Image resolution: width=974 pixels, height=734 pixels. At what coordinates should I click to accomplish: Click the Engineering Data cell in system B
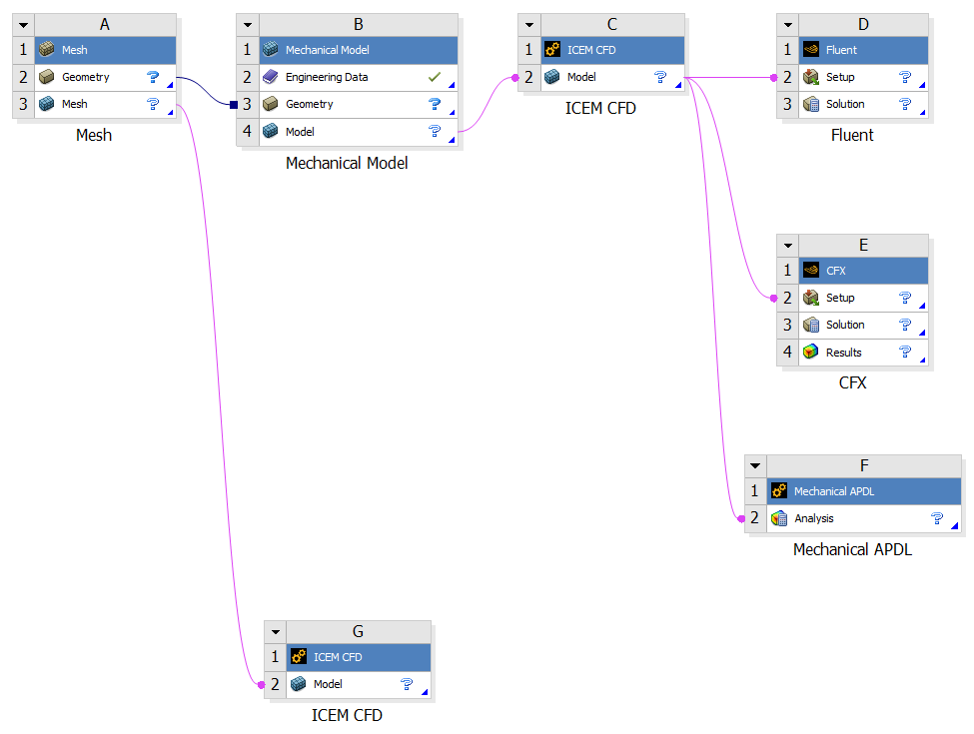point(327,77)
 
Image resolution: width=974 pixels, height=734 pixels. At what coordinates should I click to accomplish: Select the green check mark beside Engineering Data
point(434,77)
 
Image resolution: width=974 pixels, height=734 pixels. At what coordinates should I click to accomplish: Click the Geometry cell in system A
point(86,77)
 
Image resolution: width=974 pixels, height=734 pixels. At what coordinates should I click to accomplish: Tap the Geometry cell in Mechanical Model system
point(310,104)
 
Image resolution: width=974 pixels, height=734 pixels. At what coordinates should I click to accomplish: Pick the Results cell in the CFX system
point(843,353)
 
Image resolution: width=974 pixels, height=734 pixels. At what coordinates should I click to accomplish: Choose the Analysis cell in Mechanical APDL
point(814,518)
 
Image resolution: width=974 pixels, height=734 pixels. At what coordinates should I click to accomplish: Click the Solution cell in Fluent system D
point(845,104)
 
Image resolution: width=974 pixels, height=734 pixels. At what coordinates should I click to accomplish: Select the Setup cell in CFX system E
point(840,298)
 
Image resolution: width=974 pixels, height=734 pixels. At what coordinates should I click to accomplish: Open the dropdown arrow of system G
point(275,631)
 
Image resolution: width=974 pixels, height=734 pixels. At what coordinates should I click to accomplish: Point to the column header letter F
point(863,465)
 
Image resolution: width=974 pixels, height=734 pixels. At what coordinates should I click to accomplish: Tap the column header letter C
point(611,24)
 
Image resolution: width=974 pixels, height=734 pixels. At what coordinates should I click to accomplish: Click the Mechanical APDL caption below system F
point(852,549)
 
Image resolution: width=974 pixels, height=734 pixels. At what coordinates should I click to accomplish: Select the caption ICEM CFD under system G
point(347,715)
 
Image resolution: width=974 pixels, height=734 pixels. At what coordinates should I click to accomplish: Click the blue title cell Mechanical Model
point(328,50)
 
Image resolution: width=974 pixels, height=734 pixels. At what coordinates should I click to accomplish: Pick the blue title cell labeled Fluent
point(841,50)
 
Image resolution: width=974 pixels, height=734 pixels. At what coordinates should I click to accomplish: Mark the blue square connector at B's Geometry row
point(233,104)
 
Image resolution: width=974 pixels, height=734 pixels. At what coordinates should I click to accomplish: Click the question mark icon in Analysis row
point(937,518)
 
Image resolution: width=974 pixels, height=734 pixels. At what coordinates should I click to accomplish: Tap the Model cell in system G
point(328,684)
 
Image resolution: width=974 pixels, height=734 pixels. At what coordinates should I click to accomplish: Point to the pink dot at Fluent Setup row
point(773,77)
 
